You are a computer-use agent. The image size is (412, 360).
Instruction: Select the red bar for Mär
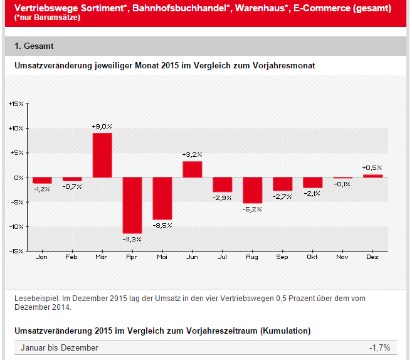tap(102, 155)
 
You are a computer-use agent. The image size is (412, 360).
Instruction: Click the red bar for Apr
tap(132, 205)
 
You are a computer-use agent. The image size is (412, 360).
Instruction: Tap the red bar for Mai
tap(162, 198)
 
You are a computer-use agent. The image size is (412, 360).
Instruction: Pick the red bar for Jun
tap(193, 169)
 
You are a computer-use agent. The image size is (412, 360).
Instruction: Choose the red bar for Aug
tap(252, 190)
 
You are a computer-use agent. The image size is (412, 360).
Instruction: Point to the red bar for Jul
tap(223, 184)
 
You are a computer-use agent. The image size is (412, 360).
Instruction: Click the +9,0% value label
tap(102, 127)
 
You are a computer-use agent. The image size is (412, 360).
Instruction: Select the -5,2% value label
tap(252, 209)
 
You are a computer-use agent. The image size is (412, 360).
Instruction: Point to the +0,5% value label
tap(372, 168)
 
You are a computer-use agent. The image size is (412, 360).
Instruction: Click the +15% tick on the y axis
tap(16, 103)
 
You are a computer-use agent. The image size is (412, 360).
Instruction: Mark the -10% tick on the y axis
tap(16, 226)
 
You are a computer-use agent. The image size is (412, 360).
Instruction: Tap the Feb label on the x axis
tap(72, 257)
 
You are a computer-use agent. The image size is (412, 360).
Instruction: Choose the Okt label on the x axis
tap(312, 257)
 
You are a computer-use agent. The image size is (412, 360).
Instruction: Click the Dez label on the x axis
tap(372, 257)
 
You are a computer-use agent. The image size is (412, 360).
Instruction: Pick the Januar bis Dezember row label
tap(60, 347)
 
